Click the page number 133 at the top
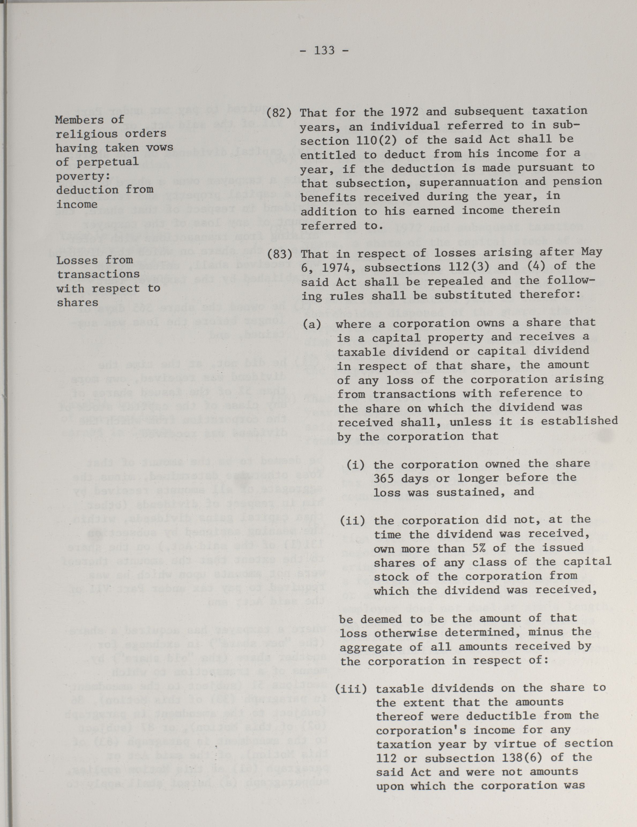(x=324, y=50)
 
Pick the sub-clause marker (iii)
(x=351, y=689)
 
